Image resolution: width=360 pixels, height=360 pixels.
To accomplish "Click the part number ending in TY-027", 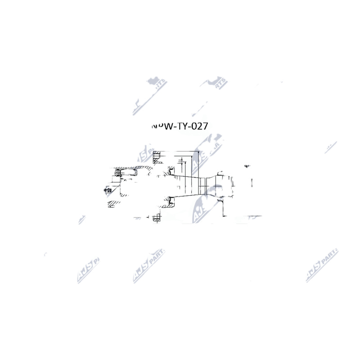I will tap(180, 126).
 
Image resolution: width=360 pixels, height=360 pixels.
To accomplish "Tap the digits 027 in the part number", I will tap(199, 126).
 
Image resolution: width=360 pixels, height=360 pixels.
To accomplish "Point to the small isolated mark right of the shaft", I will tap(246, 166).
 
